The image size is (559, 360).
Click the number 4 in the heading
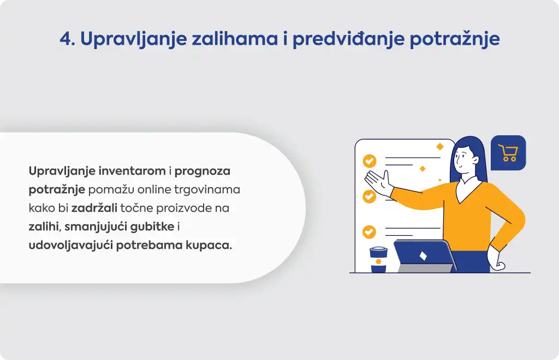click(66, 39)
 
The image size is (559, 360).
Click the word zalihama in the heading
click(235, 38)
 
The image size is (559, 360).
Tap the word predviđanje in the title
click(348, 39)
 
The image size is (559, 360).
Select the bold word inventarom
click(132, 171)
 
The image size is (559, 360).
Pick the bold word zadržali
click(94, 208)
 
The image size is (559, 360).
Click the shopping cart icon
click(508, 153)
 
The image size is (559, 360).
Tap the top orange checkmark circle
click(370, 161)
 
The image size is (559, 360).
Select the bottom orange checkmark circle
click(369, 232)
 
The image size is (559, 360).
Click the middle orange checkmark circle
click(369, 196)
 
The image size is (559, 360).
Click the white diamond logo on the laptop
click(423, 256)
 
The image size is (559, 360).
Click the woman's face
click(463, 159)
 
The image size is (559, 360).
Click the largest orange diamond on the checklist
click(440, 146)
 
